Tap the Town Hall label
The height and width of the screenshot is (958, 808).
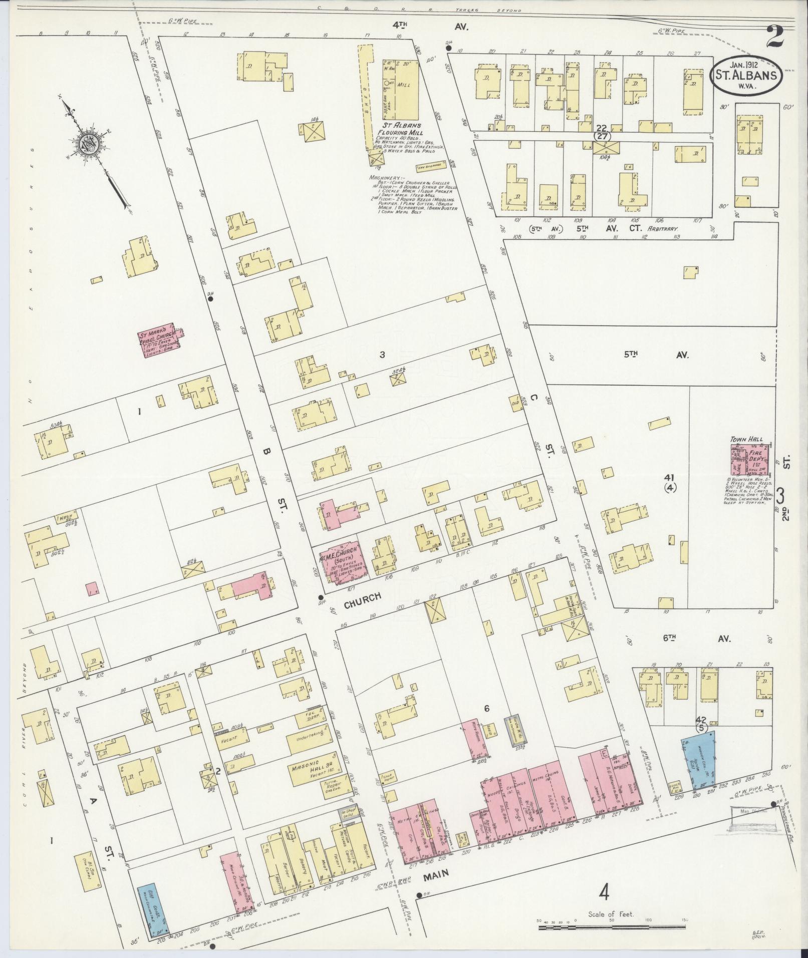[x=746, y=439]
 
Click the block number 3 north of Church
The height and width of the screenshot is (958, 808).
[x=382, y=355]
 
